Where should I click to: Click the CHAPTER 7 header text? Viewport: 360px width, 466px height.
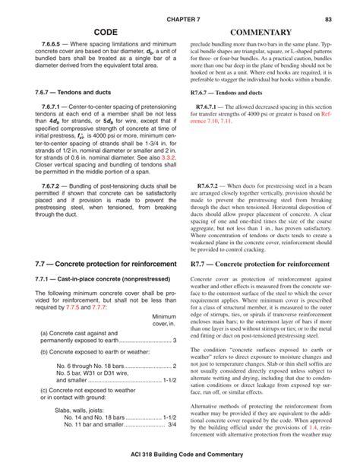[180, 18]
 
